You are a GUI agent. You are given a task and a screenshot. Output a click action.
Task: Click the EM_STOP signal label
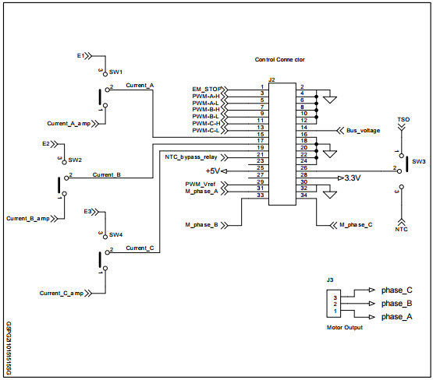tap(206, 88)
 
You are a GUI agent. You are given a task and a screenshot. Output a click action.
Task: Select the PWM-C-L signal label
tap(207, 130)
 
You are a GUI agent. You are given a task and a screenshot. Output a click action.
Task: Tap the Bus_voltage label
tap(363, 130)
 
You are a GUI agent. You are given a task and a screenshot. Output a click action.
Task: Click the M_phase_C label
tap(355, 225)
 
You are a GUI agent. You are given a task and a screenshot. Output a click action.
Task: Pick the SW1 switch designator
tap(116, 71)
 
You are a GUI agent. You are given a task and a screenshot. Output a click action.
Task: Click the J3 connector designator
tap(330, 280)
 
